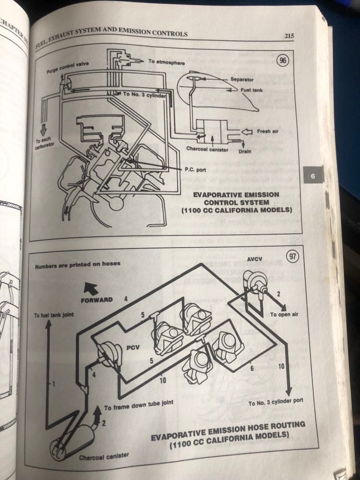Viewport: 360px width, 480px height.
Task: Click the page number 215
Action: [x=288, y=35]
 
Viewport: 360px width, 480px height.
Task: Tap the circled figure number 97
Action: [x=291, y=256]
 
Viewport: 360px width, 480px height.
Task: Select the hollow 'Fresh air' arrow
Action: [x=247, y=130]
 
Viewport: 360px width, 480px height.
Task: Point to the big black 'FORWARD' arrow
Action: [x=92, y=288]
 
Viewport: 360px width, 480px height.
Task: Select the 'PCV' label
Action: [x=132, y=348]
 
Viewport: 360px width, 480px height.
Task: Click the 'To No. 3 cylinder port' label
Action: [x=276, y=403]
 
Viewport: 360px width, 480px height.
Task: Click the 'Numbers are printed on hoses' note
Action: [x=77, y=264]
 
